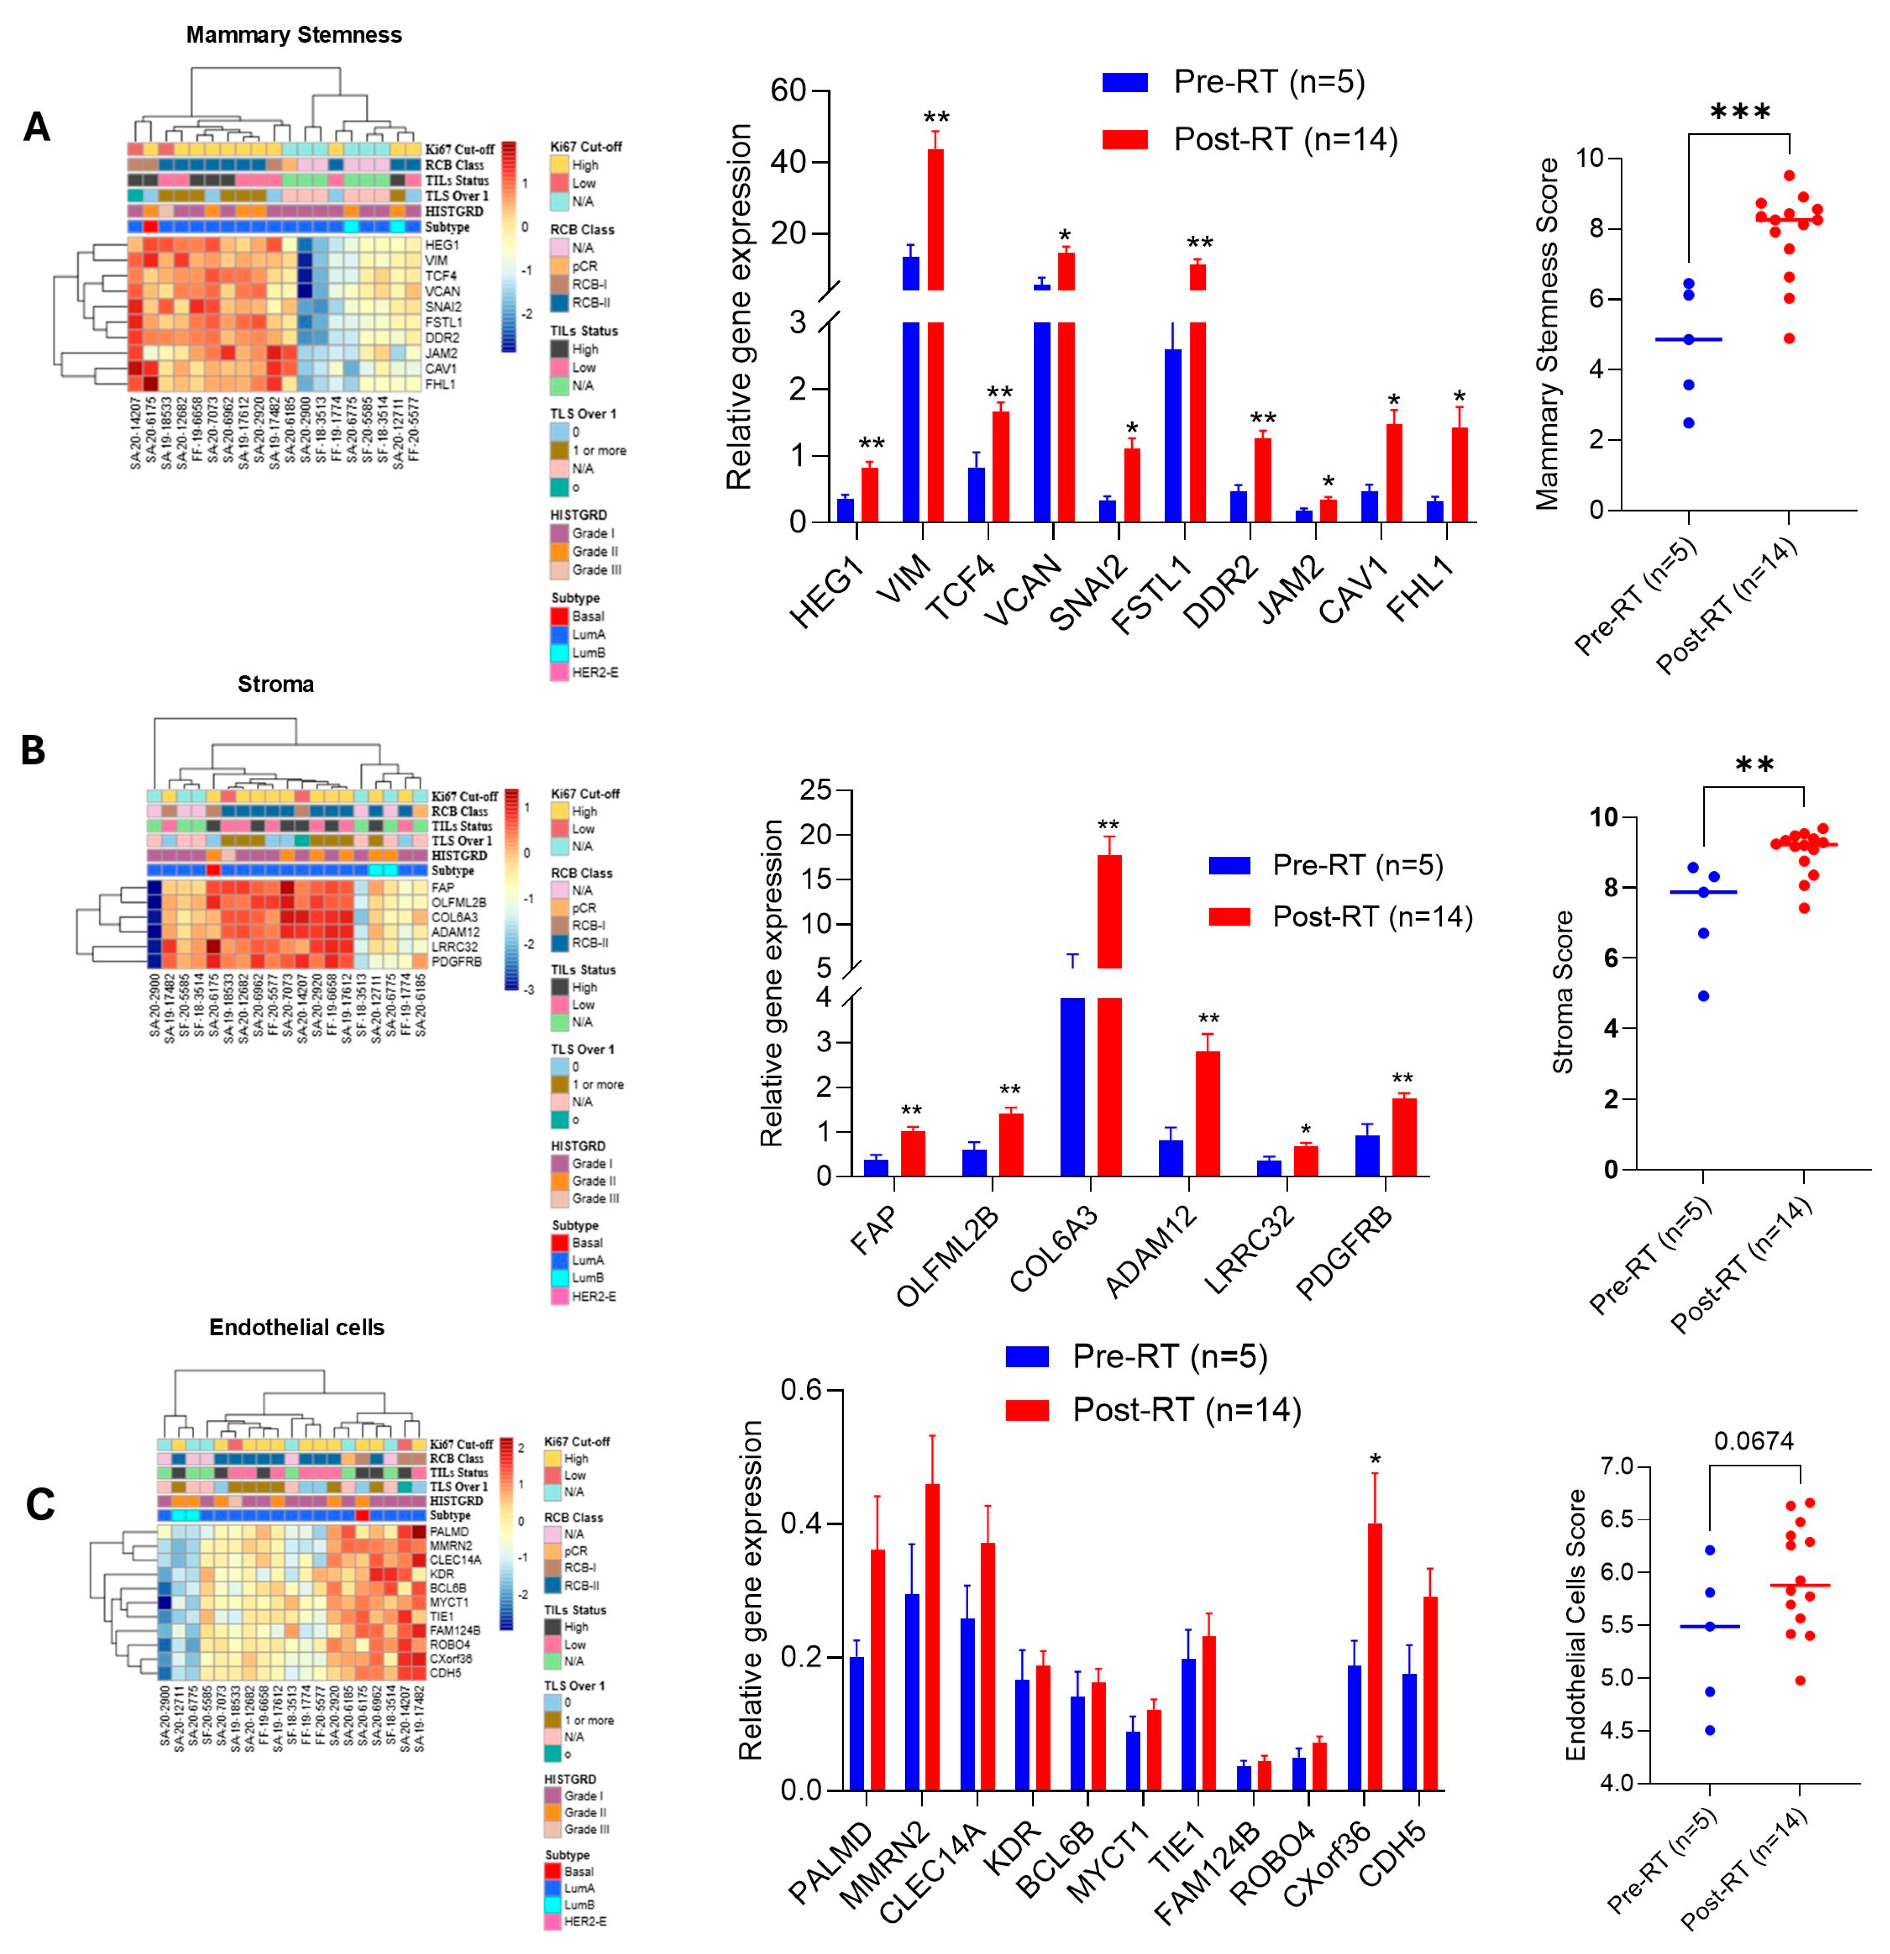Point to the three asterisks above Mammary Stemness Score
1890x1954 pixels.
(x=1740, y=112)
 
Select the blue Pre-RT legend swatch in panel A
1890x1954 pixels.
(x=1124, y=82)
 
